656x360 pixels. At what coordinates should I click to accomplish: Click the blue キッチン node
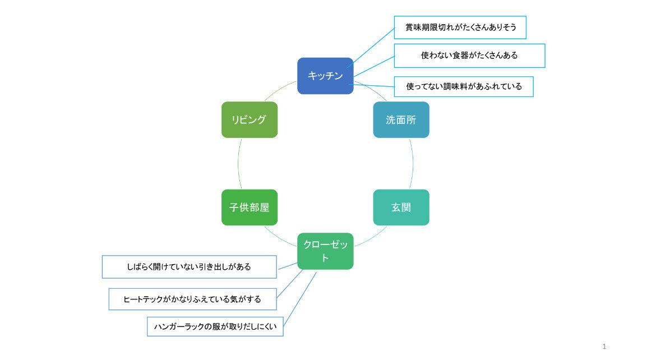[325, 76]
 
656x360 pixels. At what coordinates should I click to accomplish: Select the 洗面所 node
[401, 119]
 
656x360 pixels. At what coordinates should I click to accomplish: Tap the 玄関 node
[401, 207]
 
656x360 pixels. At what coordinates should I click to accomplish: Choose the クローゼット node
[325, 251]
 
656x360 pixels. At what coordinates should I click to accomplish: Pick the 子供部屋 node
[250, 207]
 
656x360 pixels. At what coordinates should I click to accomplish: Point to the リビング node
[250, 119]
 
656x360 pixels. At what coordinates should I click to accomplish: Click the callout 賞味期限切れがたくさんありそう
[460, 27]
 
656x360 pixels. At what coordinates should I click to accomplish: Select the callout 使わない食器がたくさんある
[469, 56]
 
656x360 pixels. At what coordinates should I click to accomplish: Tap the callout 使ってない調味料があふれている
[464, 86]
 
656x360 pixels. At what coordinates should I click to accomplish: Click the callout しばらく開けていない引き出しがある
[189, 267]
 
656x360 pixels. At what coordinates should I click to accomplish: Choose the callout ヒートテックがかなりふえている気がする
[192, 299]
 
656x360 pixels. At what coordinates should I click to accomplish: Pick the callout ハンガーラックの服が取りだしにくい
[215, 325]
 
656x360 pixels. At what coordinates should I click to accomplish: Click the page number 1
[604, 347]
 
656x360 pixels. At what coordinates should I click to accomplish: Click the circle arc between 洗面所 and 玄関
[413, 164]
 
